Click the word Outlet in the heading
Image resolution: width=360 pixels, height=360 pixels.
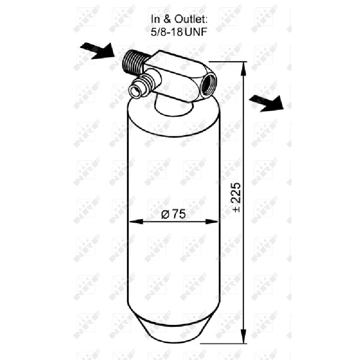click(191, 19)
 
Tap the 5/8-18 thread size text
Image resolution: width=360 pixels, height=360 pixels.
click(166, 32)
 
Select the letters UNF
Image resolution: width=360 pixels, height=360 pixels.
click(196, 32)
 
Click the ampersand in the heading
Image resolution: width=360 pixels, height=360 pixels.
click(167, 19)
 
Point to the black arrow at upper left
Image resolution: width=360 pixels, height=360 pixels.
click(97, 51)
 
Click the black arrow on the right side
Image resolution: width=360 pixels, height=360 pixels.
click(266, 103)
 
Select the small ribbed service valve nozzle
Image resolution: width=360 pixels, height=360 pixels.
click(142, 85)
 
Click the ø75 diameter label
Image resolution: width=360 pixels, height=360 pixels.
click(173, 214)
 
